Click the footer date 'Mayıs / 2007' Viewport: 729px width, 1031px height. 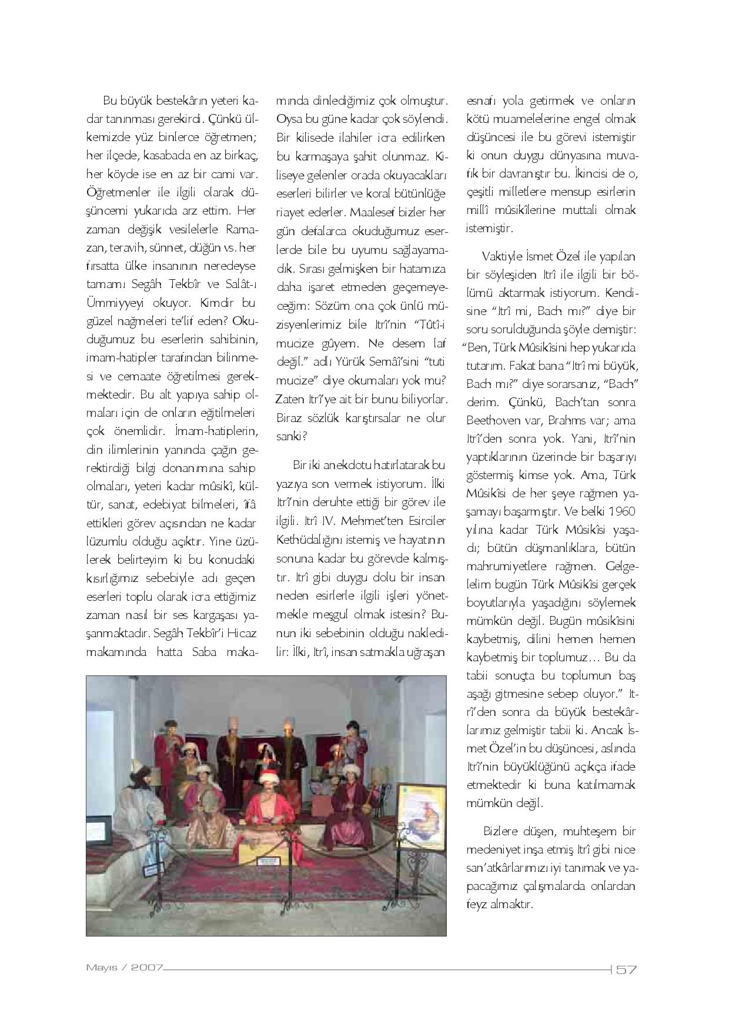124,967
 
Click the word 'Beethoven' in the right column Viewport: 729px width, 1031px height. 491,420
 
